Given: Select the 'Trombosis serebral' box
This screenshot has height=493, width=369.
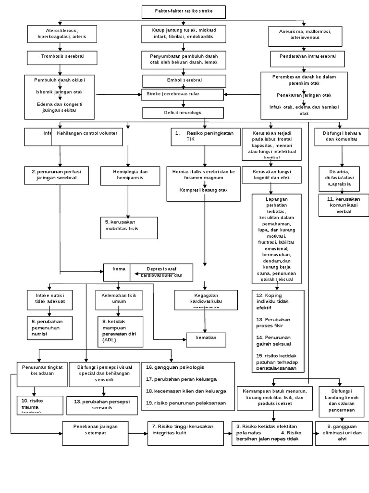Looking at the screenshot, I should (62, 57).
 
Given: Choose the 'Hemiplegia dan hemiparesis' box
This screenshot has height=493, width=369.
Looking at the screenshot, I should (127, 174).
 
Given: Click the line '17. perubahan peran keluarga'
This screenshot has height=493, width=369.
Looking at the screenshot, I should (183, 379).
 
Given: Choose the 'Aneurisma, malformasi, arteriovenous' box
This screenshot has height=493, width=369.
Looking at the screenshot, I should (304, 34).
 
